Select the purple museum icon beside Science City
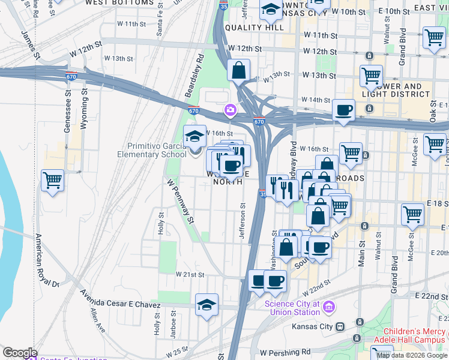pyautogui.click(x=328, y=308)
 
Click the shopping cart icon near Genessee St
pyautogui.click(x=53, y=180)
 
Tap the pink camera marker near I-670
pyautogui.click(x=229, y=110)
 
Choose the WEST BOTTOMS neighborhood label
pyautogui.click(x=119, y=3)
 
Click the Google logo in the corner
pyautogui.click(x=20, y=352)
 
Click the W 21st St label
pyautogui.click(x=190, y=274)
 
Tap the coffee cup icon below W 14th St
pyautogui.click(x=343, y=110)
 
